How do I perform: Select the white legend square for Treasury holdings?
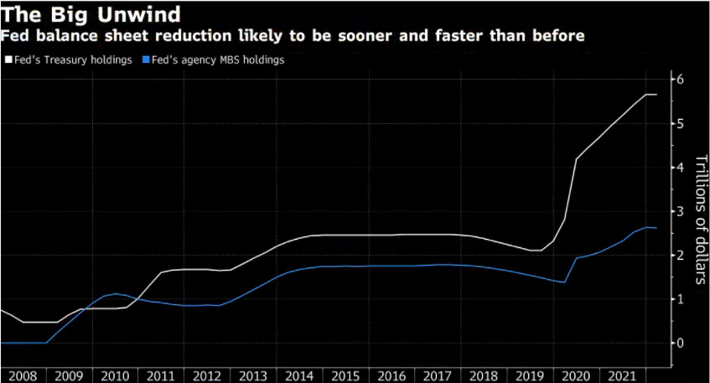point(8,60)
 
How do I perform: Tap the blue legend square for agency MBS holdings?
point(148,60)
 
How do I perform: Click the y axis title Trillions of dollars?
point(701,220)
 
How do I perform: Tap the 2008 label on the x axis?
point(23,375)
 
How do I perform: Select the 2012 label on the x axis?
point(206,375)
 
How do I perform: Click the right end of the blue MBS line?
point(656,228)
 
